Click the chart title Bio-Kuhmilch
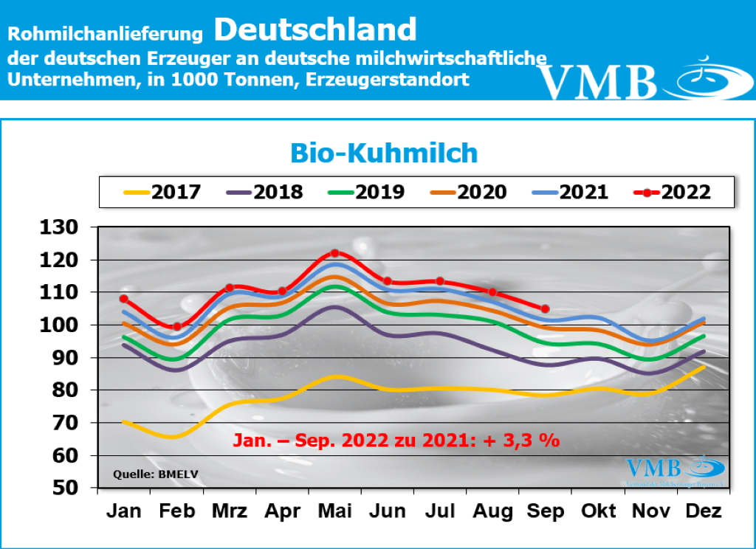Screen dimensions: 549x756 (383, 153)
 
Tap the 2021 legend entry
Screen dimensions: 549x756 (569, 193)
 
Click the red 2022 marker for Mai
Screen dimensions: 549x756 (334, 253)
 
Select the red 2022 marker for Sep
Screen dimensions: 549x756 (545, 308)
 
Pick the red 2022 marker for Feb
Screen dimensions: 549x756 (176, 326)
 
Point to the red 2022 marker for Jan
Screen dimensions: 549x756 (124, 299)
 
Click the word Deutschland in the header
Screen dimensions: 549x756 (316, 30)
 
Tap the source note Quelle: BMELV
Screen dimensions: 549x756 (145, 474)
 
